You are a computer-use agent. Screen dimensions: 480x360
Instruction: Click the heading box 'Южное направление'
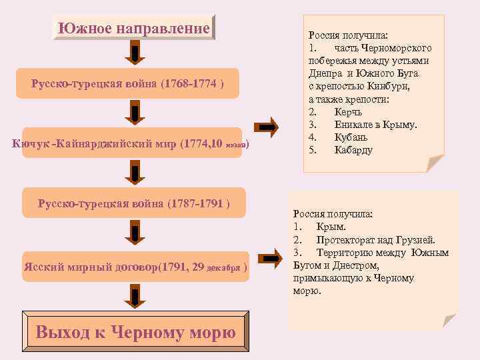pos(134,29)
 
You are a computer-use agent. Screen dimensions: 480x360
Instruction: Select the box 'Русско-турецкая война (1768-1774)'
pos(134,83)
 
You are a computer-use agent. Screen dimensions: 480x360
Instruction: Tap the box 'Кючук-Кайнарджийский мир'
pos(134,142)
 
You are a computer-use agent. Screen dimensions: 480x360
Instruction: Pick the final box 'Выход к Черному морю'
pos(135,331)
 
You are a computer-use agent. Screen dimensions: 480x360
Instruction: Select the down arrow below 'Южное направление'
pos(135,54)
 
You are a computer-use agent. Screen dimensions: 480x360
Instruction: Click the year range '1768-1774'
pos(192,83)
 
